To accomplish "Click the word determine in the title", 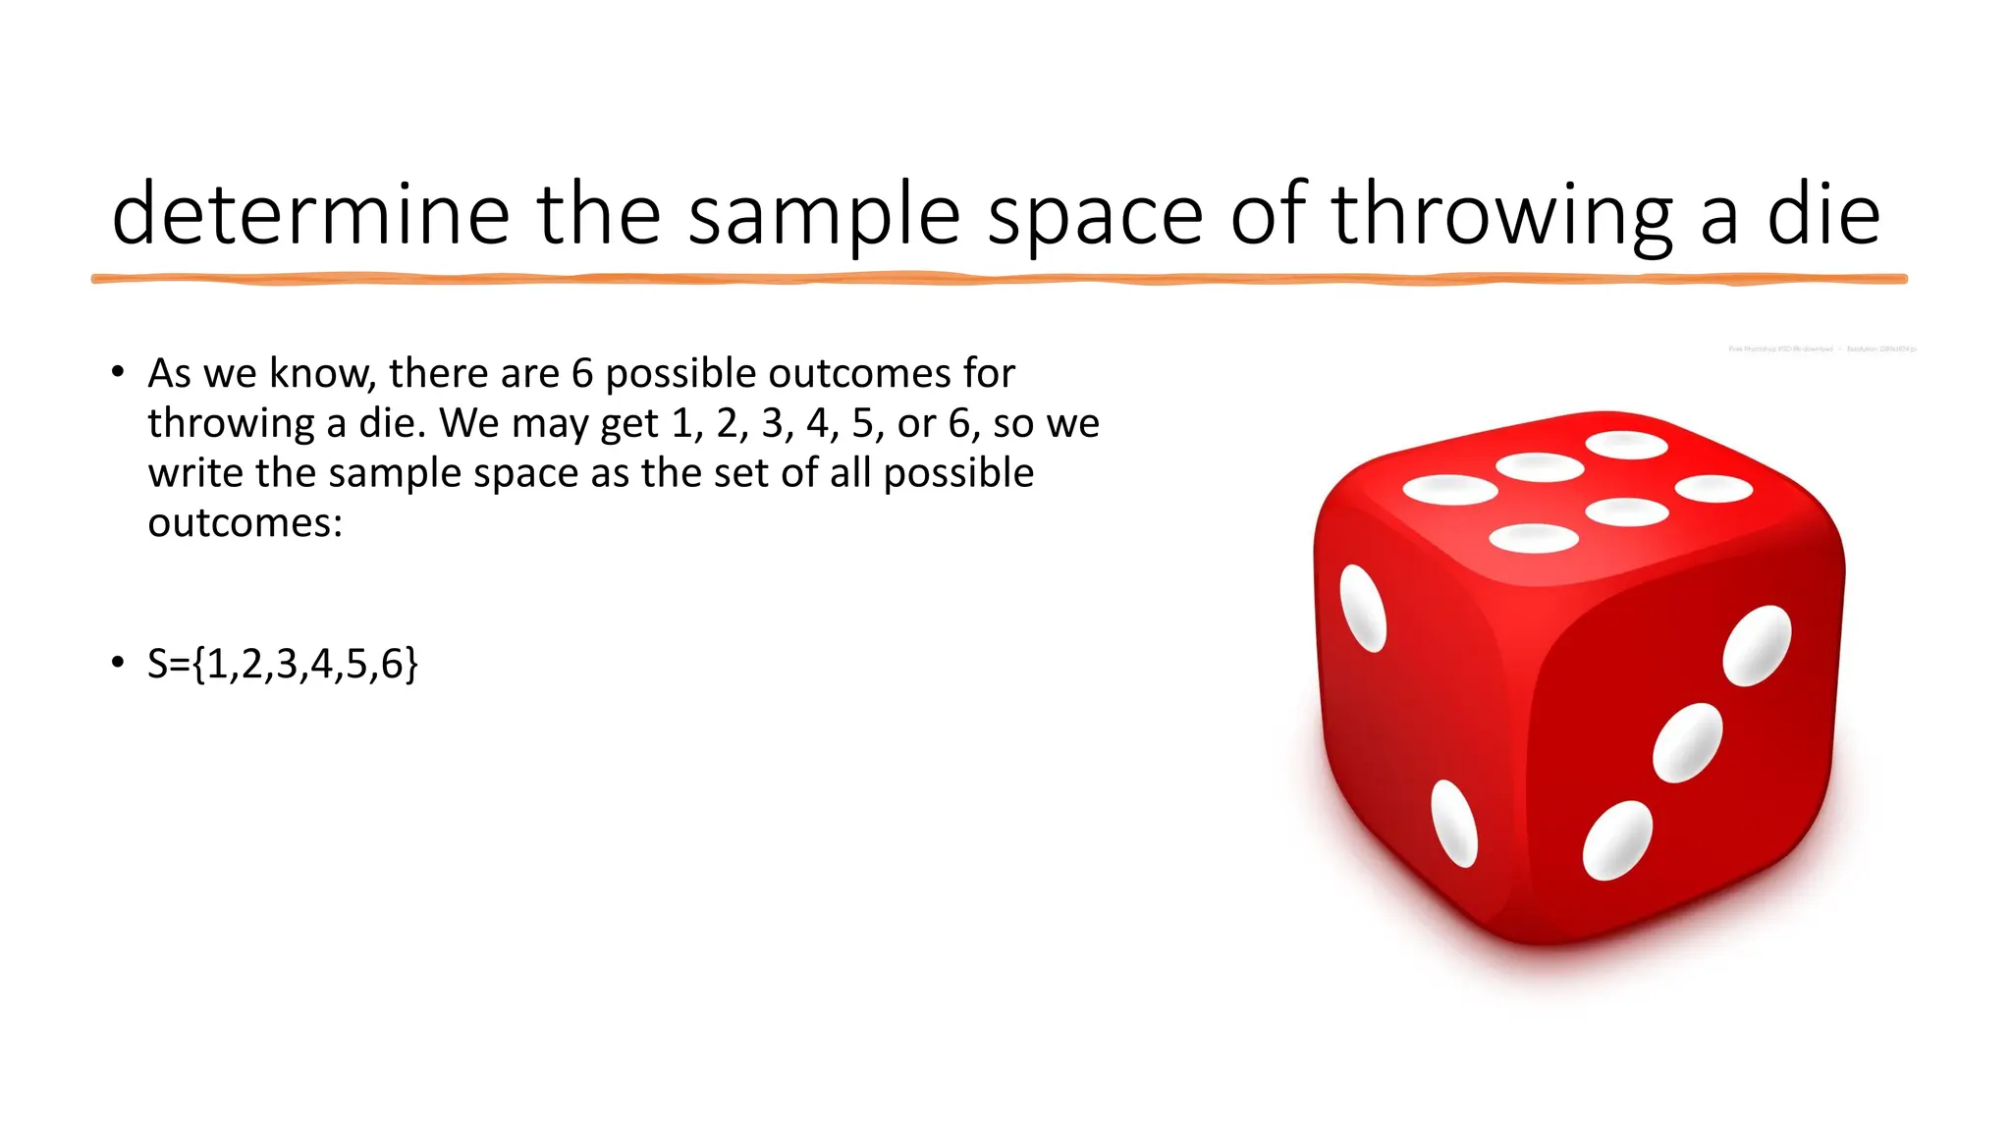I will pyautogui.click(x=310, y=214).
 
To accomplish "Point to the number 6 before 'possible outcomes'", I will pyautogui.click(x=582, y=373).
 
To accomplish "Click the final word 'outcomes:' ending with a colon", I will pyautogui.click(x=245, y=522).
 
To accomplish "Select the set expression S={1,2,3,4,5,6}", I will pyautogui.click(x=283, y=664).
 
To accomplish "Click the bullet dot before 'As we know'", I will pyautogui.click(x=118, y=372).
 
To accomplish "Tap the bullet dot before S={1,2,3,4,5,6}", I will pyautogui.click(x=118, y=663).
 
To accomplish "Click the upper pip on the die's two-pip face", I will pyautogui.click(x=1363, y=609).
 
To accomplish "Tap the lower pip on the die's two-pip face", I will pyautogui.click(x=1454, y=824).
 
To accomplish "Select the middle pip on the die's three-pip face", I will pyautogui.click(x=1687, y=743).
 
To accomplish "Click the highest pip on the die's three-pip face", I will pyautogui.click(x=1757, y=645).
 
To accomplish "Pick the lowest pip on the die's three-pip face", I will pyautogui.click(x=1617, y=840).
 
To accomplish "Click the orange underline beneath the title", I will pyautogui.click(x=999, y=280).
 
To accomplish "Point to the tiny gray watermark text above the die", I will pyautogui.click(x=1821, y=349).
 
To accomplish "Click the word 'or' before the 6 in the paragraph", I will pyautogui.click(x=917, y=423).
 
